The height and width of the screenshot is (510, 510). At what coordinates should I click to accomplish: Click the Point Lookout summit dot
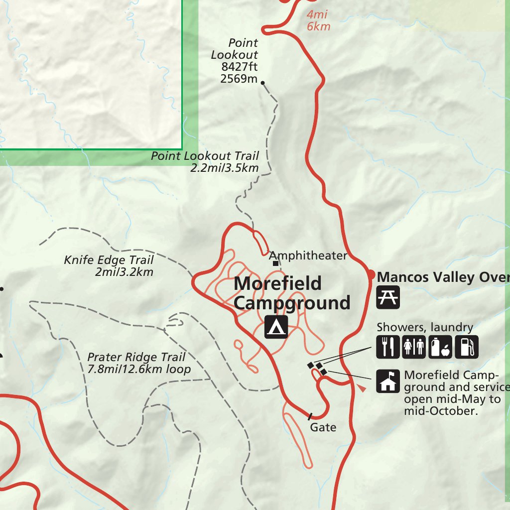263,83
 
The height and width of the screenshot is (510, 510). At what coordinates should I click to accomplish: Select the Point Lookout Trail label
205,156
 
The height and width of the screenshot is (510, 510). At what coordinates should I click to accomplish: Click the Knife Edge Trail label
109,260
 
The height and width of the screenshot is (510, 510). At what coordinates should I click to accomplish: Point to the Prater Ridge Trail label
136,357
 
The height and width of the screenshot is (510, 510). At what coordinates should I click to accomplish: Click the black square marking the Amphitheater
275,263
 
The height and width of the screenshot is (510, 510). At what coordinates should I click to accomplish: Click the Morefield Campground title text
292,293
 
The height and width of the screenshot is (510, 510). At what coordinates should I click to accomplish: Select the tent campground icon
276,327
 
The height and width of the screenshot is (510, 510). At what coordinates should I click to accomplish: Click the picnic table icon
388,297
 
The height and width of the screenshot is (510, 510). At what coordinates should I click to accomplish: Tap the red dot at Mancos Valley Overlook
371,274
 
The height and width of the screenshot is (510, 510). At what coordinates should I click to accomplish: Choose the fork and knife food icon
388,347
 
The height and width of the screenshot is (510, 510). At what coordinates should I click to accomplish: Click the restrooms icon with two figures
414,347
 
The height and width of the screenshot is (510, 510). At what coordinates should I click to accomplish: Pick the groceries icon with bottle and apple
440,347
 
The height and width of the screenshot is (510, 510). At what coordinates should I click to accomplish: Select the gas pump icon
467,347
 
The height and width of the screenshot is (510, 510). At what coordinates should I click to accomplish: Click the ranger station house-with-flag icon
388,381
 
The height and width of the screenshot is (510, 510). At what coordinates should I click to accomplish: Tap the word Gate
323,427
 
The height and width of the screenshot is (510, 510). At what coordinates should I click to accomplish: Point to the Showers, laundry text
425,327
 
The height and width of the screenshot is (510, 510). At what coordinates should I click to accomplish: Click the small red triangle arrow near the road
362,387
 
